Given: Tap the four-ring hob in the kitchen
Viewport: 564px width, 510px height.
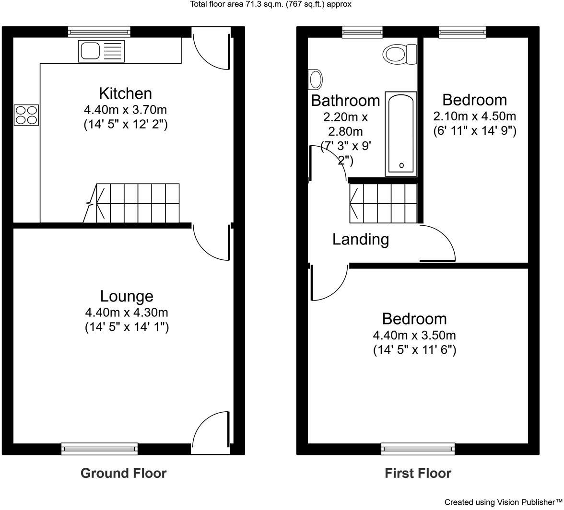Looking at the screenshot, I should click(x=26, y=115).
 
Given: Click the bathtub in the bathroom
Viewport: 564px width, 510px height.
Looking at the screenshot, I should click(x=401, y=134).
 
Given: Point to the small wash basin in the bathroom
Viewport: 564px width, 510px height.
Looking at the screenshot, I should click(x=315, y=80).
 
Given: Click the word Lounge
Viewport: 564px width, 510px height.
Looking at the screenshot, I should click(x=127, y=296).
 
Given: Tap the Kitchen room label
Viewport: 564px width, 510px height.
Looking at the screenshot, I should click(x=125, y=93).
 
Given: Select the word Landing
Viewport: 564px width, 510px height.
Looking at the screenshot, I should click(x=361, y=239).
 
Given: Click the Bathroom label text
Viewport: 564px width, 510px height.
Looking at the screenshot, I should click(x=345, y=101).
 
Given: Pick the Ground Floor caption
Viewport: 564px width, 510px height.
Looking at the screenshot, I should click(x=123, y=474).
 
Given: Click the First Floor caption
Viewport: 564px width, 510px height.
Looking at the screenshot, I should click(x=418, y=474).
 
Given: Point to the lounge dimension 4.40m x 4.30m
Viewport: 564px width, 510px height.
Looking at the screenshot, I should click(x=127, y=313).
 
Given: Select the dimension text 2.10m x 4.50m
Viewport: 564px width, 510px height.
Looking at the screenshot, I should click(x=474, y=116).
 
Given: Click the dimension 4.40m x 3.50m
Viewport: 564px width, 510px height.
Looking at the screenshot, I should click(x=414, y=335).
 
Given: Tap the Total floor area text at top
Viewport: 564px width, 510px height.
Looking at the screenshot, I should click(x=271, y=4).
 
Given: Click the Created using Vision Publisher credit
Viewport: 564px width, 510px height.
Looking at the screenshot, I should click(x=503, y=502).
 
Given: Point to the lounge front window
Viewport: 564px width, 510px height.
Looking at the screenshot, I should click(x=100, y=449).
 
